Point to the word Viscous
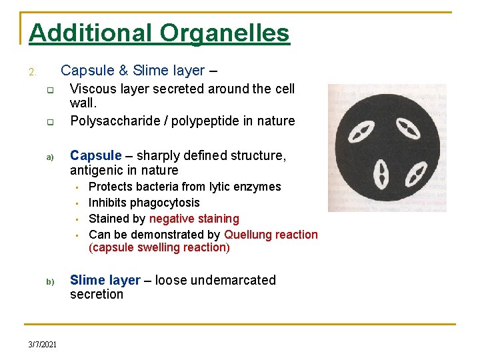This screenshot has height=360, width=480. (x=93, y=89)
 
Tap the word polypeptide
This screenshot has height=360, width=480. (x=191, y=121)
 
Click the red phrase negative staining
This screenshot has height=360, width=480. (x=194, y=219)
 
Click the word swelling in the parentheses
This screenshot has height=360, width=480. (x=158, y=247)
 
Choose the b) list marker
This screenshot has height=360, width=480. (x=49, y=282)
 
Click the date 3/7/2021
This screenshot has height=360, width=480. (x=42, y=344)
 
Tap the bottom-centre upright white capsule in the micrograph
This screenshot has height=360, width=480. (x=383, y=175)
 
